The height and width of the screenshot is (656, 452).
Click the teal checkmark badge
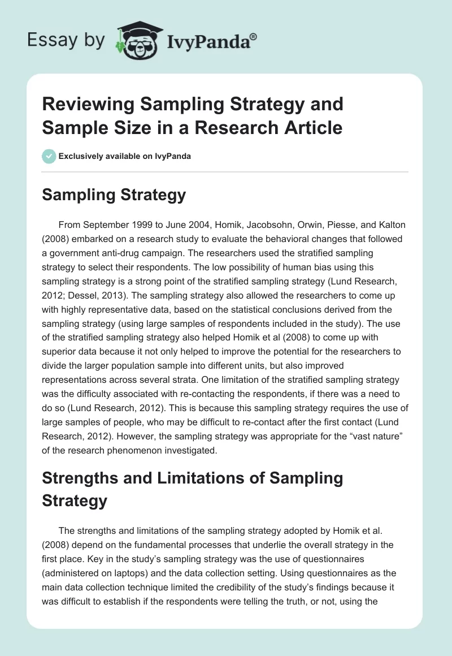(49, 156)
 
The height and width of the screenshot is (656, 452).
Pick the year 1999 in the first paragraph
(146, 225)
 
